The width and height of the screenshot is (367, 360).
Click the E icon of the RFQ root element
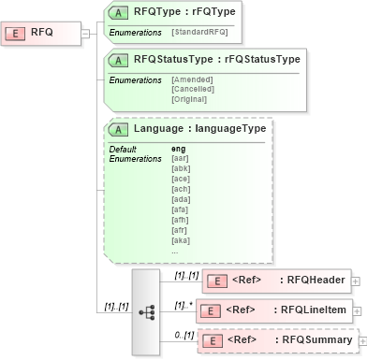(17, 33)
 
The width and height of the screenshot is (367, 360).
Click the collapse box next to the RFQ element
(85, 33)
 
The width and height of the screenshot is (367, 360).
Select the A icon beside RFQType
(121, 12)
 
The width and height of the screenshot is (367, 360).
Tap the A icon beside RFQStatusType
(121, 60)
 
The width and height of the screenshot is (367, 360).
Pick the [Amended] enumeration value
(192, 79)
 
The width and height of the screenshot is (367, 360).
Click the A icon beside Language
(121, 129)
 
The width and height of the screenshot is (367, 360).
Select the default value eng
(179, 150)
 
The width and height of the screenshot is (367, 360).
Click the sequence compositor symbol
(146, 311)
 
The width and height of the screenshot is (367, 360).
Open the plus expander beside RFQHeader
(357, 280)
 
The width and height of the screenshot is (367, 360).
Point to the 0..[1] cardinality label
(183, 335)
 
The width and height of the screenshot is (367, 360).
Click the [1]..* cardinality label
(183, 305)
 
